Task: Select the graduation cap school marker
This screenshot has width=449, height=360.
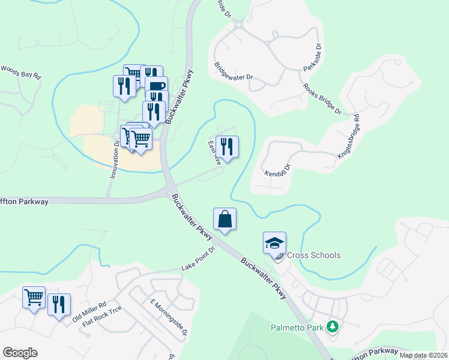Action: coord(274,243)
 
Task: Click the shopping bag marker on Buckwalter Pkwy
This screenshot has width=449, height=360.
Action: coord(224,219)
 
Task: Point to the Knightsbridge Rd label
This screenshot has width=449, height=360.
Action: coord(348,136)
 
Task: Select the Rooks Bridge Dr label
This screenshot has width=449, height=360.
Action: coord(322,99)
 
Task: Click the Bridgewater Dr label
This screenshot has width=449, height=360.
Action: coord(234,70)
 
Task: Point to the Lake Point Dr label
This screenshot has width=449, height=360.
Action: coord(197,259)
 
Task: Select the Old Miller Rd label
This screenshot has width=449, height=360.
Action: coord(89,312)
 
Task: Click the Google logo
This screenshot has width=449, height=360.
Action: coord(20,353)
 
